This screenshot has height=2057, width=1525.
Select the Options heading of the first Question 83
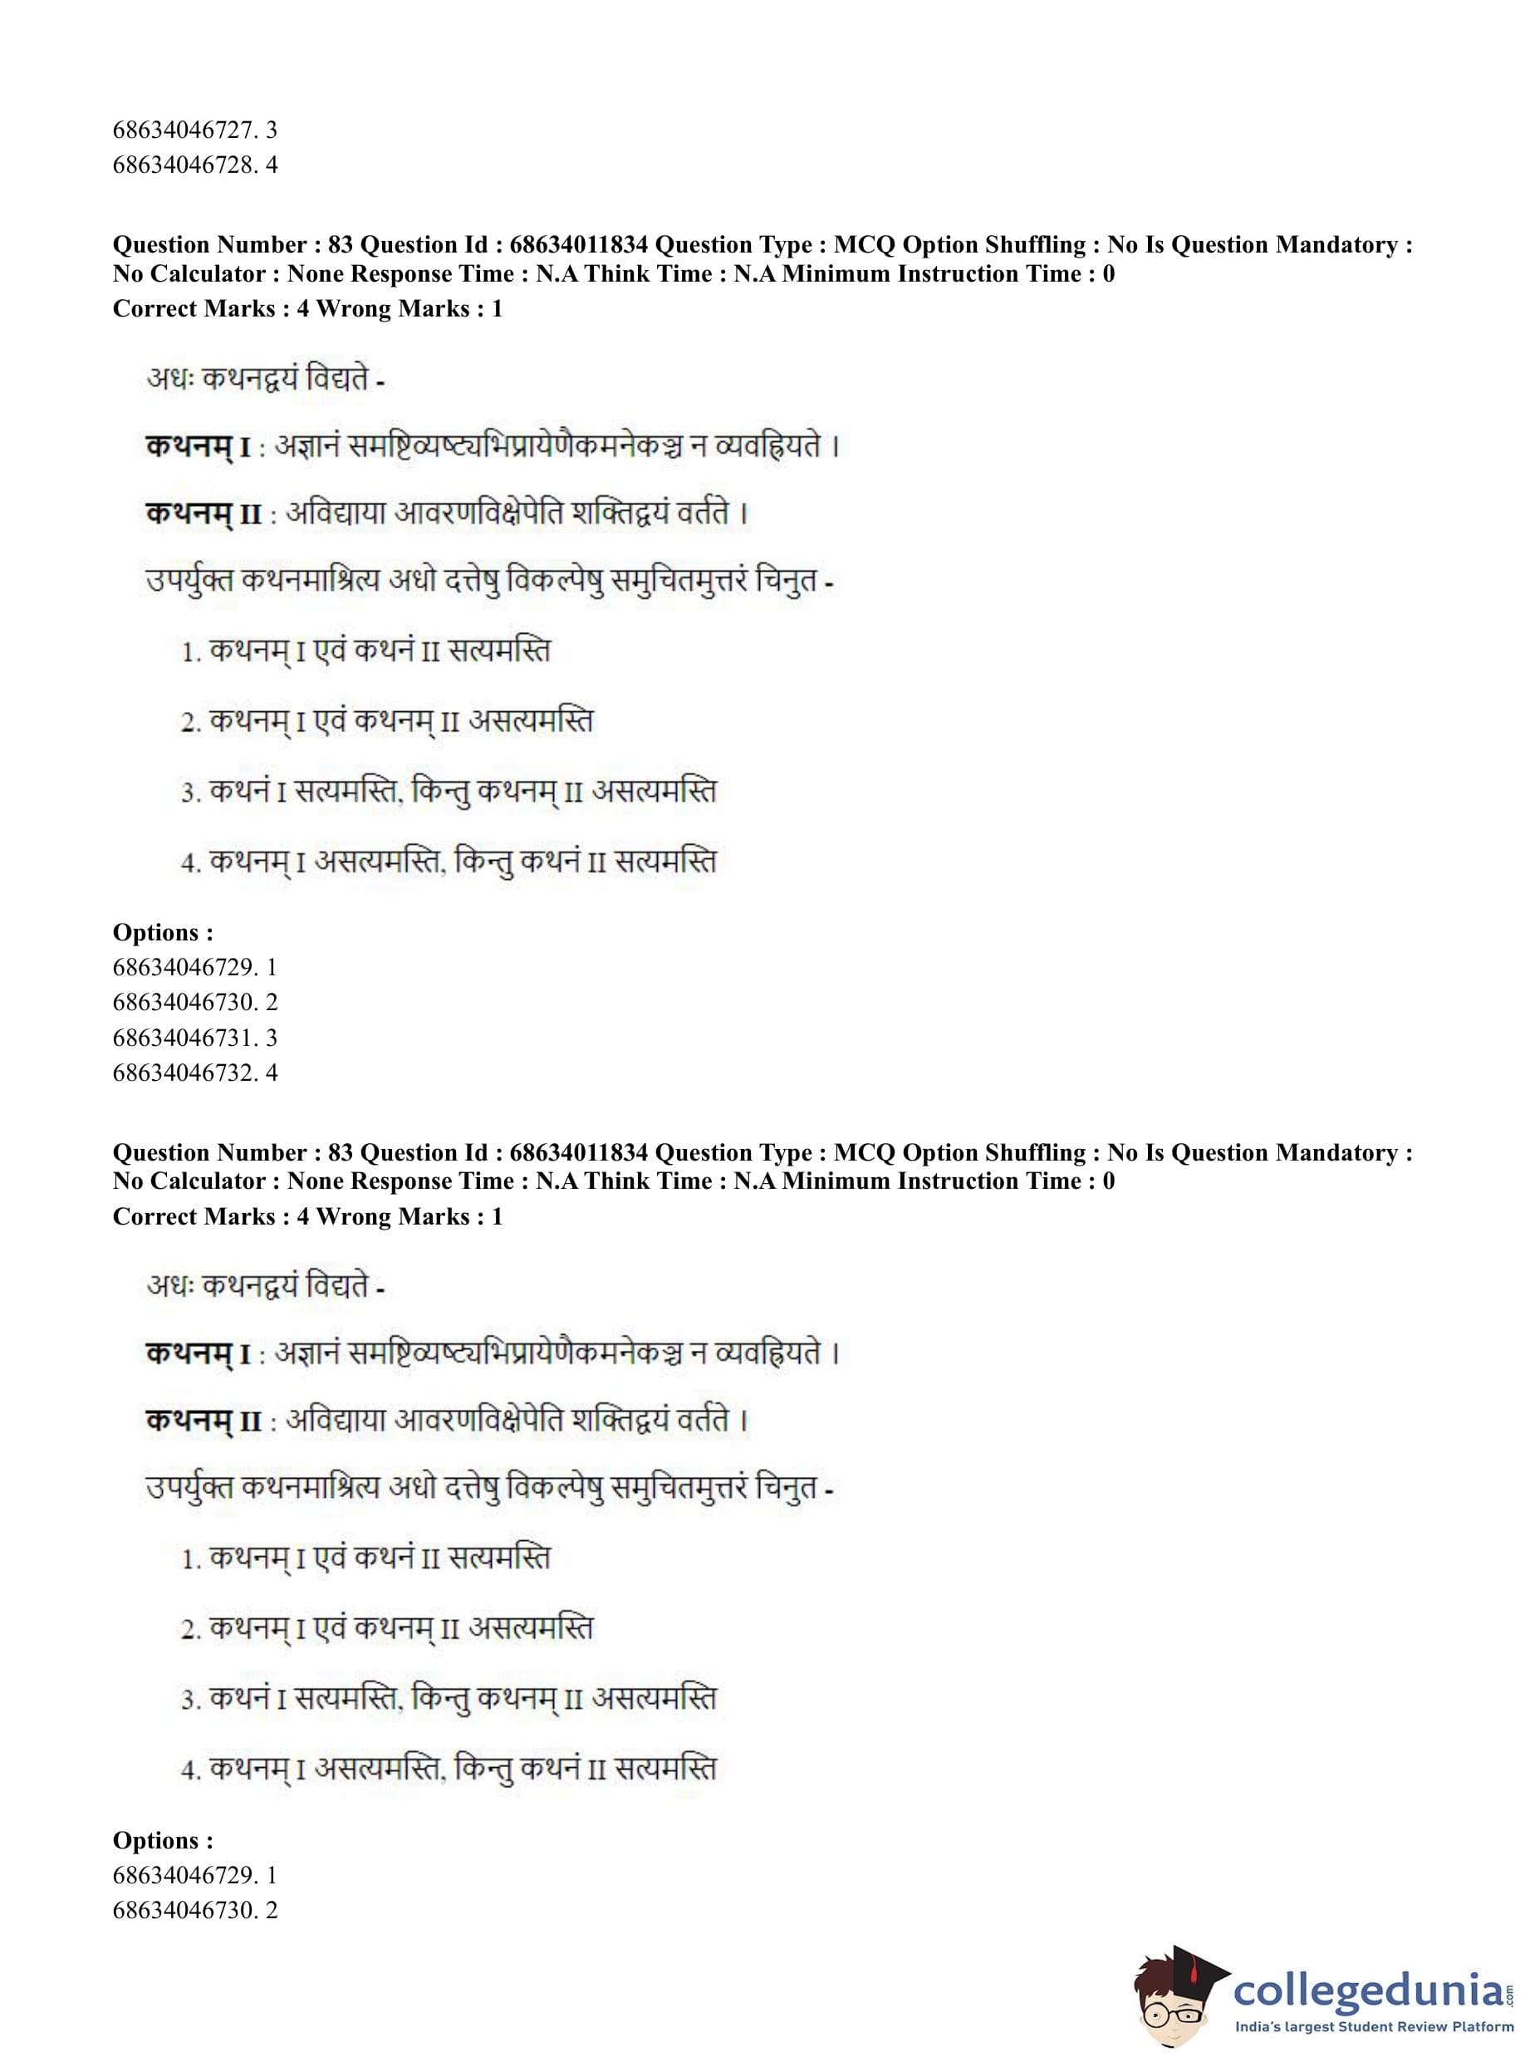coord(163,932)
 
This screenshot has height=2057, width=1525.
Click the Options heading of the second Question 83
coord(163,1840)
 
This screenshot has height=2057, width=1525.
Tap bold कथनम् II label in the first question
coord(204,514)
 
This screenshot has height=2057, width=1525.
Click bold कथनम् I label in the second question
coord(198,1354)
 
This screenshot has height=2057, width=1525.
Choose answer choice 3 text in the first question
coord(449,793)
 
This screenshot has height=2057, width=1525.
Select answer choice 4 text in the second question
coord(449,1770)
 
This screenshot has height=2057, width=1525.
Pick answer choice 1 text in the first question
coord(365,652)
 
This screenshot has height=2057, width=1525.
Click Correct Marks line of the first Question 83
coord(307,309)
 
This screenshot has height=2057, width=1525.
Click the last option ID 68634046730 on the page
coord(194,1910)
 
